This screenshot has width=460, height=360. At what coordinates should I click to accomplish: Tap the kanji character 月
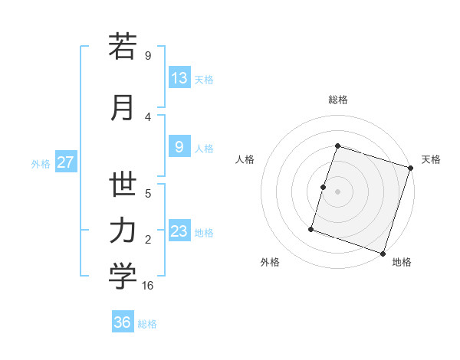pos(123,107)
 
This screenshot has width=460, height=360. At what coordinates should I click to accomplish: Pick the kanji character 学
pos(123,277)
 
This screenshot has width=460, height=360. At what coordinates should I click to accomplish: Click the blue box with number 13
pos(179,78)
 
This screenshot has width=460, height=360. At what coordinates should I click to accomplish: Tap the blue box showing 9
pos(179,147)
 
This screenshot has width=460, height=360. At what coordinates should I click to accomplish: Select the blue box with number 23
pos(179,231)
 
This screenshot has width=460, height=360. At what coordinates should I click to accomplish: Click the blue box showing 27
pos(66,162)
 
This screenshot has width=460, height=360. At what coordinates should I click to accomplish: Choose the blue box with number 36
pos(123,322)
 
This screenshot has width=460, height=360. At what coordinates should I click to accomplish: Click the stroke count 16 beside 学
pos(148,286)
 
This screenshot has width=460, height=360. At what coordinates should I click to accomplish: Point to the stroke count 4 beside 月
pos(148,116)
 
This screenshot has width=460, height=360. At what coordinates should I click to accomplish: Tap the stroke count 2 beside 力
pos(148,240)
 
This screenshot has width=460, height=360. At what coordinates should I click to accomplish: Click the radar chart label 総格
pos(338,100)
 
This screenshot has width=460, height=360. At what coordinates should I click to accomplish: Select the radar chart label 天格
pos(431,159)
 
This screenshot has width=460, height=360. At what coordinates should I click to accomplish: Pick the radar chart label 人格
pos(245,159)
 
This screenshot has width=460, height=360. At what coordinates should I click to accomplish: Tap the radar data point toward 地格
pos(383,253)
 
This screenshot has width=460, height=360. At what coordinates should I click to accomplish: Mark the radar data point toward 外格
pos(311,228)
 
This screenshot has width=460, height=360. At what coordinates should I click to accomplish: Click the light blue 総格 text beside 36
pos(147,324)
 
